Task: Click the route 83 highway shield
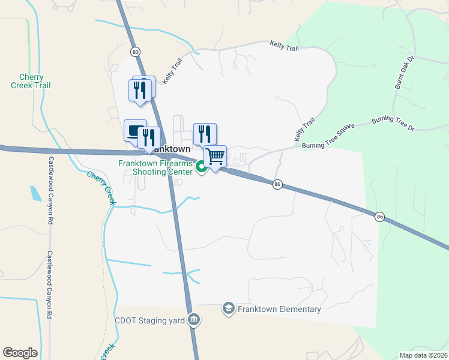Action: click(135, 52)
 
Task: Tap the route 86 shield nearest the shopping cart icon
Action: click(277, 184)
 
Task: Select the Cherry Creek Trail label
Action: click(31, 82)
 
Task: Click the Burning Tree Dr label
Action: click(393, 124)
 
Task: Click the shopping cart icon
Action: click(215, 157)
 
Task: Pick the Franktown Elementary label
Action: click(279, 309)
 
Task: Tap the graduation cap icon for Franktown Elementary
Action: click(228, 309)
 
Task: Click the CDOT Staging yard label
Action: click(149, 320)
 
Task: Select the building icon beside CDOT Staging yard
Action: click(193, 320)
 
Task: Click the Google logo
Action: click(20, 352)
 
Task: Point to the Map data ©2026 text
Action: click(423, 355)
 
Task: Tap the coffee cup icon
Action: click(134, 130)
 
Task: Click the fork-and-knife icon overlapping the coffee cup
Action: click(148, 138)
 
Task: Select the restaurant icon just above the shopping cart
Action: click(205, 133)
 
